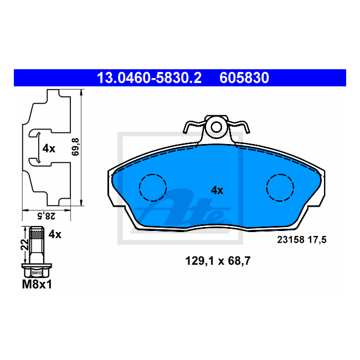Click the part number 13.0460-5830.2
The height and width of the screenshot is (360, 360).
click(x=149, y=78)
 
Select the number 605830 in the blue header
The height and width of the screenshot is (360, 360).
click(x=244, y=78)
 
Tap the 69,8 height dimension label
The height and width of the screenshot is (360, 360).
click(x=75, y=147)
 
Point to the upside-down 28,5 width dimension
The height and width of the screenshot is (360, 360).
click(x=47, y=216)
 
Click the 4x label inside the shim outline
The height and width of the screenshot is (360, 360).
click(x=49, y=149)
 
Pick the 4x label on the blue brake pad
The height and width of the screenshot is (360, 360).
click(x=217, y=191)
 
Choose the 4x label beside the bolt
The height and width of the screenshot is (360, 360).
click(x=55, y=235)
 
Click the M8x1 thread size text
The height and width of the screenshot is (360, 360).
click(x=37, y=285)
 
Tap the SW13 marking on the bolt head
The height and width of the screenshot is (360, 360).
click(x=37, y=273)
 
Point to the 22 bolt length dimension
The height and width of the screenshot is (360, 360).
click(x=24, y=245)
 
